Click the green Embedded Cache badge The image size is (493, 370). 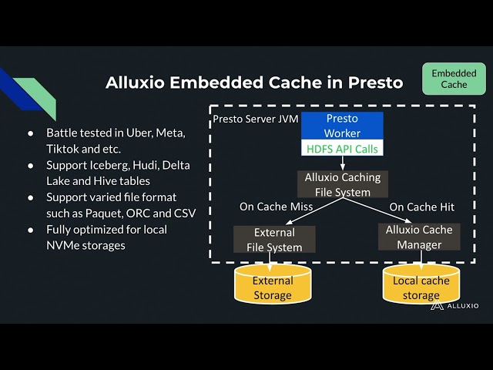click(x=454, y=79)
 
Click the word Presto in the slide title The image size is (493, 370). click(x=373, y=82)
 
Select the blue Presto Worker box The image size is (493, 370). click(x=341, y=126)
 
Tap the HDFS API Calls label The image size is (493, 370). click(x=341, y=149)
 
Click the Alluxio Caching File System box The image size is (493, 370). click(x=342, y=184)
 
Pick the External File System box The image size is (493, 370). click(x=273, y=239)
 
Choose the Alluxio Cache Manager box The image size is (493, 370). click(x=419, y=237)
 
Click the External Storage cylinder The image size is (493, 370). click(x=273, y=287)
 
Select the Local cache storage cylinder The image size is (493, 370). click(x=421, y=287)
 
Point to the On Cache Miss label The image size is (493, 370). click(x=272, y=207)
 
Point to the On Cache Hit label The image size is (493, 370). click(x=421, y=207)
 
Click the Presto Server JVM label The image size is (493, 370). click(x=255, y=119)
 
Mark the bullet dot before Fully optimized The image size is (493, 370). click(x=32, y=230)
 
